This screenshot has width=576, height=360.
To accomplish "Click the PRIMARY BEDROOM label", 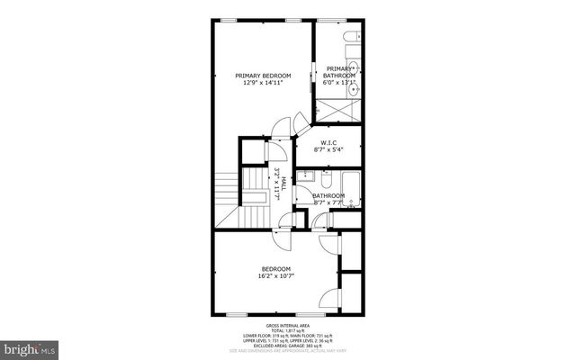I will coord(263,76).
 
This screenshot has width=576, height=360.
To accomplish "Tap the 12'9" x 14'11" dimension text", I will coord(263,83).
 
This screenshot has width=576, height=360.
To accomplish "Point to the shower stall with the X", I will coord(338,111).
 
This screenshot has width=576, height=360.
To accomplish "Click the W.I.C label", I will coord(328,144).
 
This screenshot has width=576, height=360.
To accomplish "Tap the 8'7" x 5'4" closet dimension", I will coord(328,151).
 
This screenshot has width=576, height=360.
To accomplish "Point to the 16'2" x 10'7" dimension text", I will coord(276,275).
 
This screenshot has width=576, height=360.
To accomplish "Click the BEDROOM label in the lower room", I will coord(276,268).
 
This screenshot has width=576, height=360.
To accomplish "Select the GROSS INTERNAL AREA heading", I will coord(287,325).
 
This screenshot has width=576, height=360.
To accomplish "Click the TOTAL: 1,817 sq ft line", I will coord(287,330).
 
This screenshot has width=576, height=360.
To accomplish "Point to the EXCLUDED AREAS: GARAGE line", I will coord(287,346).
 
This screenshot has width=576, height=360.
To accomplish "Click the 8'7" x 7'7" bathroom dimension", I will coord(328,202).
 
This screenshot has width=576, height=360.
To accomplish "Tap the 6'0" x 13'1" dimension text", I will coord(340,83).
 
